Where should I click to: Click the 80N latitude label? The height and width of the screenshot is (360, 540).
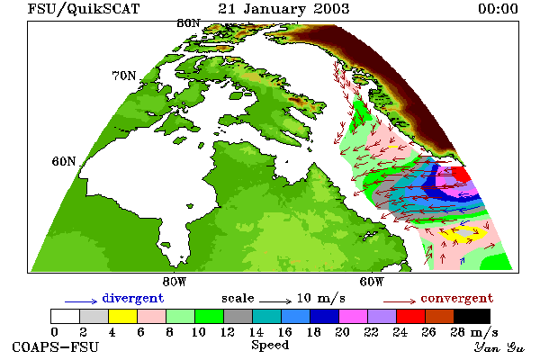pyautogui.click(x=188, y=23)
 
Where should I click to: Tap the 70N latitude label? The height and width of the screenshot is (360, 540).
pyautogui.click(x=124, y=76)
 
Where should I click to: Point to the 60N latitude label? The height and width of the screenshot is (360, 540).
pyautogui.click(x=64, y=161)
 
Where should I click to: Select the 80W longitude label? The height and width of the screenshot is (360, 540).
pyautogui.click(x=175, y=282)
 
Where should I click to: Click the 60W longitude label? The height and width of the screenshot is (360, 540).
pyautogui.click(x=372, y=282)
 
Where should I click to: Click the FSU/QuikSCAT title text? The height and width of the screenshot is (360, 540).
pyautogui.click(x=84, y=9)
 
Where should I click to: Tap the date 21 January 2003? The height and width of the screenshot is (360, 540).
pyautogui.click(x=283, y=9)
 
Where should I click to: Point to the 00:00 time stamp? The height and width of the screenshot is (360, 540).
pyautogui.click(x=498, y=9)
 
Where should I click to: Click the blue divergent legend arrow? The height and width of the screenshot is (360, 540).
pyautogui.click(x=81, y=301)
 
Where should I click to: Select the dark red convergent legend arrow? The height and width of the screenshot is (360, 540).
pyautogui.click(x=400, y=301)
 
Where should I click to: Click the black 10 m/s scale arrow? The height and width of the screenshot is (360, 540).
pyautogui.click(x=275, y=301)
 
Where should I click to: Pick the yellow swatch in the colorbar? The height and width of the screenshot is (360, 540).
pyautogui.click(x=122, y=316)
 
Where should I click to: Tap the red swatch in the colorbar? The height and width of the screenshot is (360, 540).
pyautogui.click(x=411, y=316)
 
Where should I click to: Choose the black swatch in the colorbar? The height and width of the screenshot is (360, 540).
pyautogui.click(x=472, y=316)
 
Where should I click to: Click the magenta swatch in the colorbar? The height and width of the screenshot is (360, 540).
pyautogui.click(x=354, y=316)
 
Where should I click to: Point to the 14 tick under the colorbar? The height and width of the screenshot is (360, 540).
pyautogui.click(x=256, y=332)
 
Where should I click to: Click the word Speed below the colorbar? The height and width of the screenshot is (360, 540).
pyautogui.click(x=270, y=346)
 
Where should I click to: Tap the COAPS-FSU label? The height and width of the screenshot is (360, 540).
pyautogui.click(x=56, y=346)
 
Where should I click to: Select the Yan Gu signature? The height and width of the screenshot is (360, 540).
pyautogui.click(x=499, y=347)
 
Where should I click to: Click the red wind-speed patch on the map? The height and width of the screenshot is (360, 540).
pyautogui.click(x=462, y=174)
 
